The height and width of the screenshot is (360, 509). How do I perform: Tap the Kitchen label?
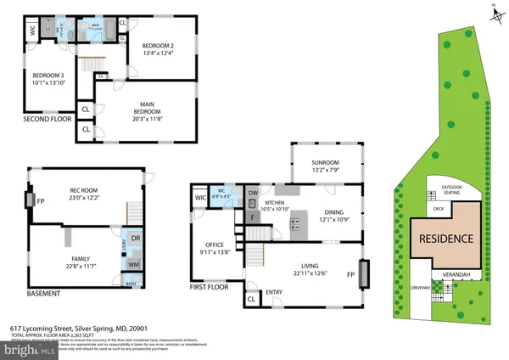point(275,204)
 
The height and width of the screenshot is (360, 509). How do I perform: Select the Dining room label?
point(333,215)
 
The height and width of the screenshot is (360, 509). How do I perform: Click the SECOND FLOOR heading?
point(47,120)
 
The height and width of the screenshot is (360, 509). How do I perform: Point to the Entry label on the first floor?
point(274,293)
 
